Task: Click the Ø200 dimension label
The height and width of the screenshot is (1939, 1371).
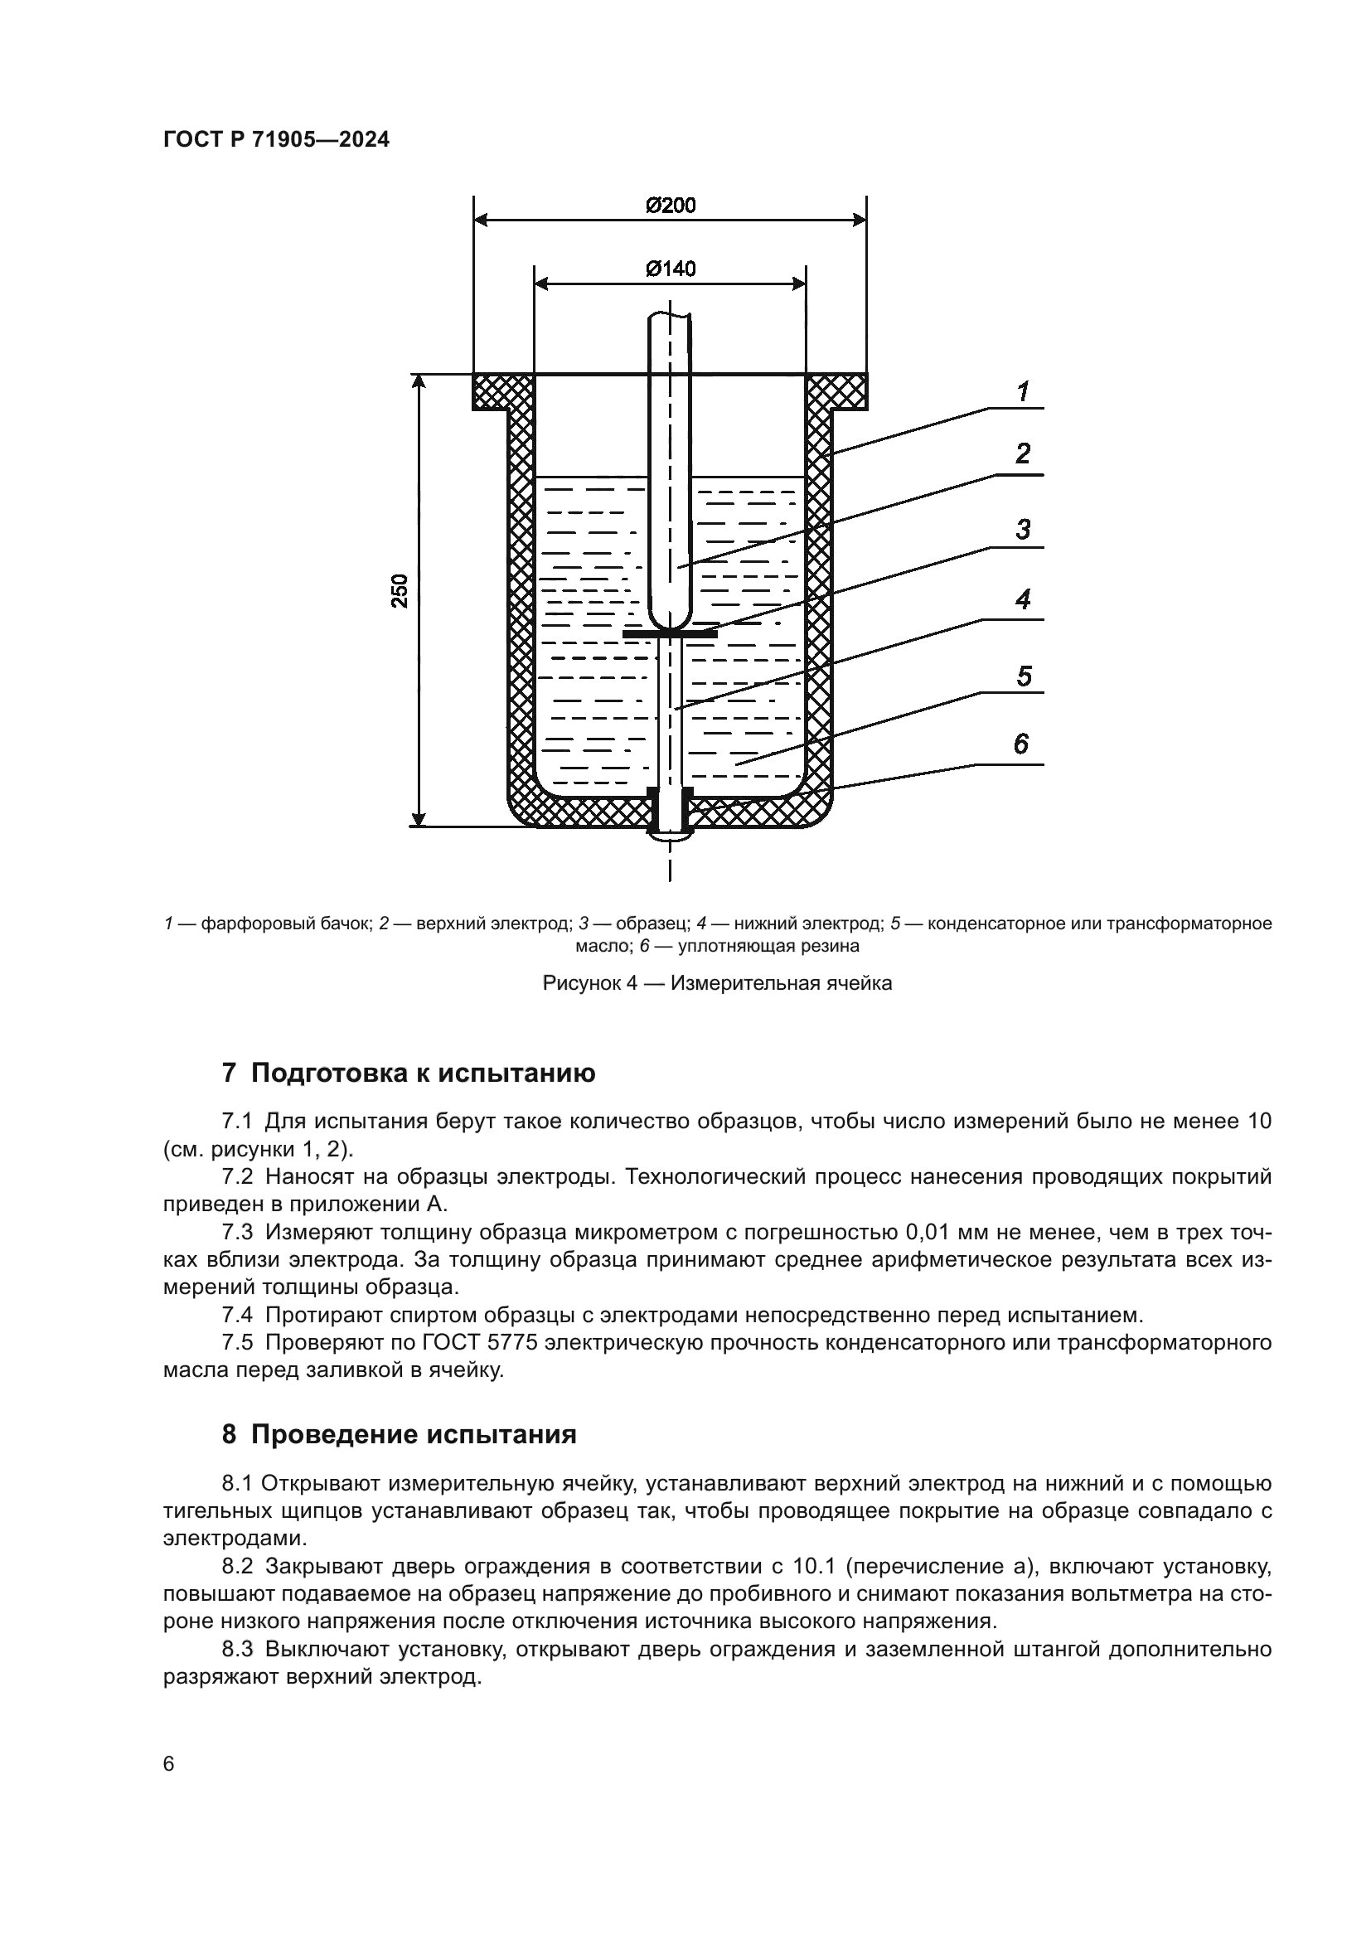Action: click(x=671, y=206)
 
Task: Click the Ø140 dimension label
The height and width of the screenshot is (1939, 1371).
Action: click(x=671, y=269)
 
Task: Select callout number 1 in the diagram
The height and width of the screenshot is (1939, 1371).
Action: click(x=1022, y=392)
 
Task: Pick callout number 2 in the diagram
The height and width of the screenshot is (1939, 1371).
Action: click(x=1022, y=454)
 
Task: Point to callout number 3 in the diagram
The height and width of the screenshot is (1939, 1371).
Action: click(x=1022, y=530)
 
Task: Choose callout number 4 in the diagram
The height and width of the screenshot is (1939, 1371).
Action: click(x=1022, y=600)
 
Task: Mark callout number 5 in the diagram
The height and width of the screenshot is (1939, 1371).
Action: click(x=1023, y=676)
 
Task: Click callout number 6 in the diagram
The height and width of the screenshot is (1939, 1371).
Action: click(x=1020, y=744)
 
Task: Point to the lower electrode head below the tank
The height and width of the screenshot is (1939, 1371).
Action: click(x=671, y=836)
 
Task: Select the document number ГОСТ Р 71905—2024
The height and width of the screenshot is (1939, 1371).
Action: click(x=276, y=140)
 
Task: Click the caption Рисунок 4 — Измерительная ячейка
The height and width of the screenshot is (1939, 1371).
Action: click(x=717, y=983)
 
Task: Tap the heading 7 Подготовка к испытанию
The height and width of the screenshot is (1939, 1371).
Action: click(x=409, y=1074)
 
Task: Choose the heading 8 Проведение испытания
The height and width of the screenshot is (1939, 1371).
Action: click(x=400, y=1435)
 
